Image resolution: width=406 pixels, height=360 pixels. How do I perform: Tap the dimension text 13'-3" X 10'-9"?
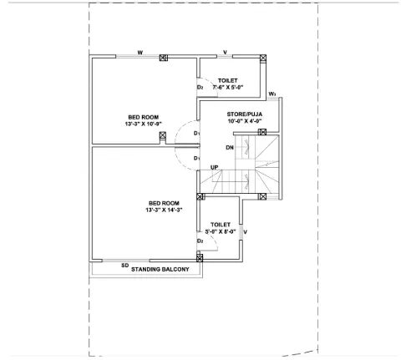144,124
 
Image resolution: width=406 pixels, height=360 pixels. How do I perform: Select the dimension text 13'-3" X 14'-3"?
164,210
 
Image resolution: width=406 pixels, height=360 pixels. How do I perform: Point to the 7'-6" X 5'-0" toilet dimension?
228,87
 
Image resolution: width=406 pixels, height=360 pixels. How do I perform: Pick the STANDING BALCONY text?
160,270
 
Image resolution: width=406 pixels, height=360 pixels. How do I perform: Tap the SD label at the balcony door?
124,265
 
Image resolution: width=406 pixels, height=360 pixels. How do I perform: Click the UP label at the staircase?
215,167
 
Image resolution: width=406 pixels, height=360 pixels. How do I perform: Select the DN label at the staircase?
230,148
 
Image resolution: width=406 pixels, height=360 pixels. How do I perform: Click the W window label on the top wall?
140,52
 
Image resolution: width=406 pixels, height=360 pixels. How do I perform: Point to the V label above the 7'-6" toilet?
226,52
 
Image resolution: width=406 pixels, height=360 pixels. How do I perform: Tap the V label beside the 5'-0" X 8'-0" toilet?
246,231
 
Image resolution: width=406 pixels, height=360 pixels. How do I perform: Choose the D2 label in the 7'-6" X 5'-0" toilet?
200,87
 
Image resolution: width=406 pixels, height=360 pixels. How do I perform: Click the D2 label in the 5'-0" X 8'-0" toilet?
200,241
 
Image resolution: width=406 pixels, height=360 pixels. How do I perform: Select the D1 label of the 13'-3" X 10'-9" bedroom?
196,133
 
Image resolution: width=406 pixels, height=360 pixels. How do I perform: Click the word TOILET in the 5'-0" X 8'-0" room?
221,224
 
